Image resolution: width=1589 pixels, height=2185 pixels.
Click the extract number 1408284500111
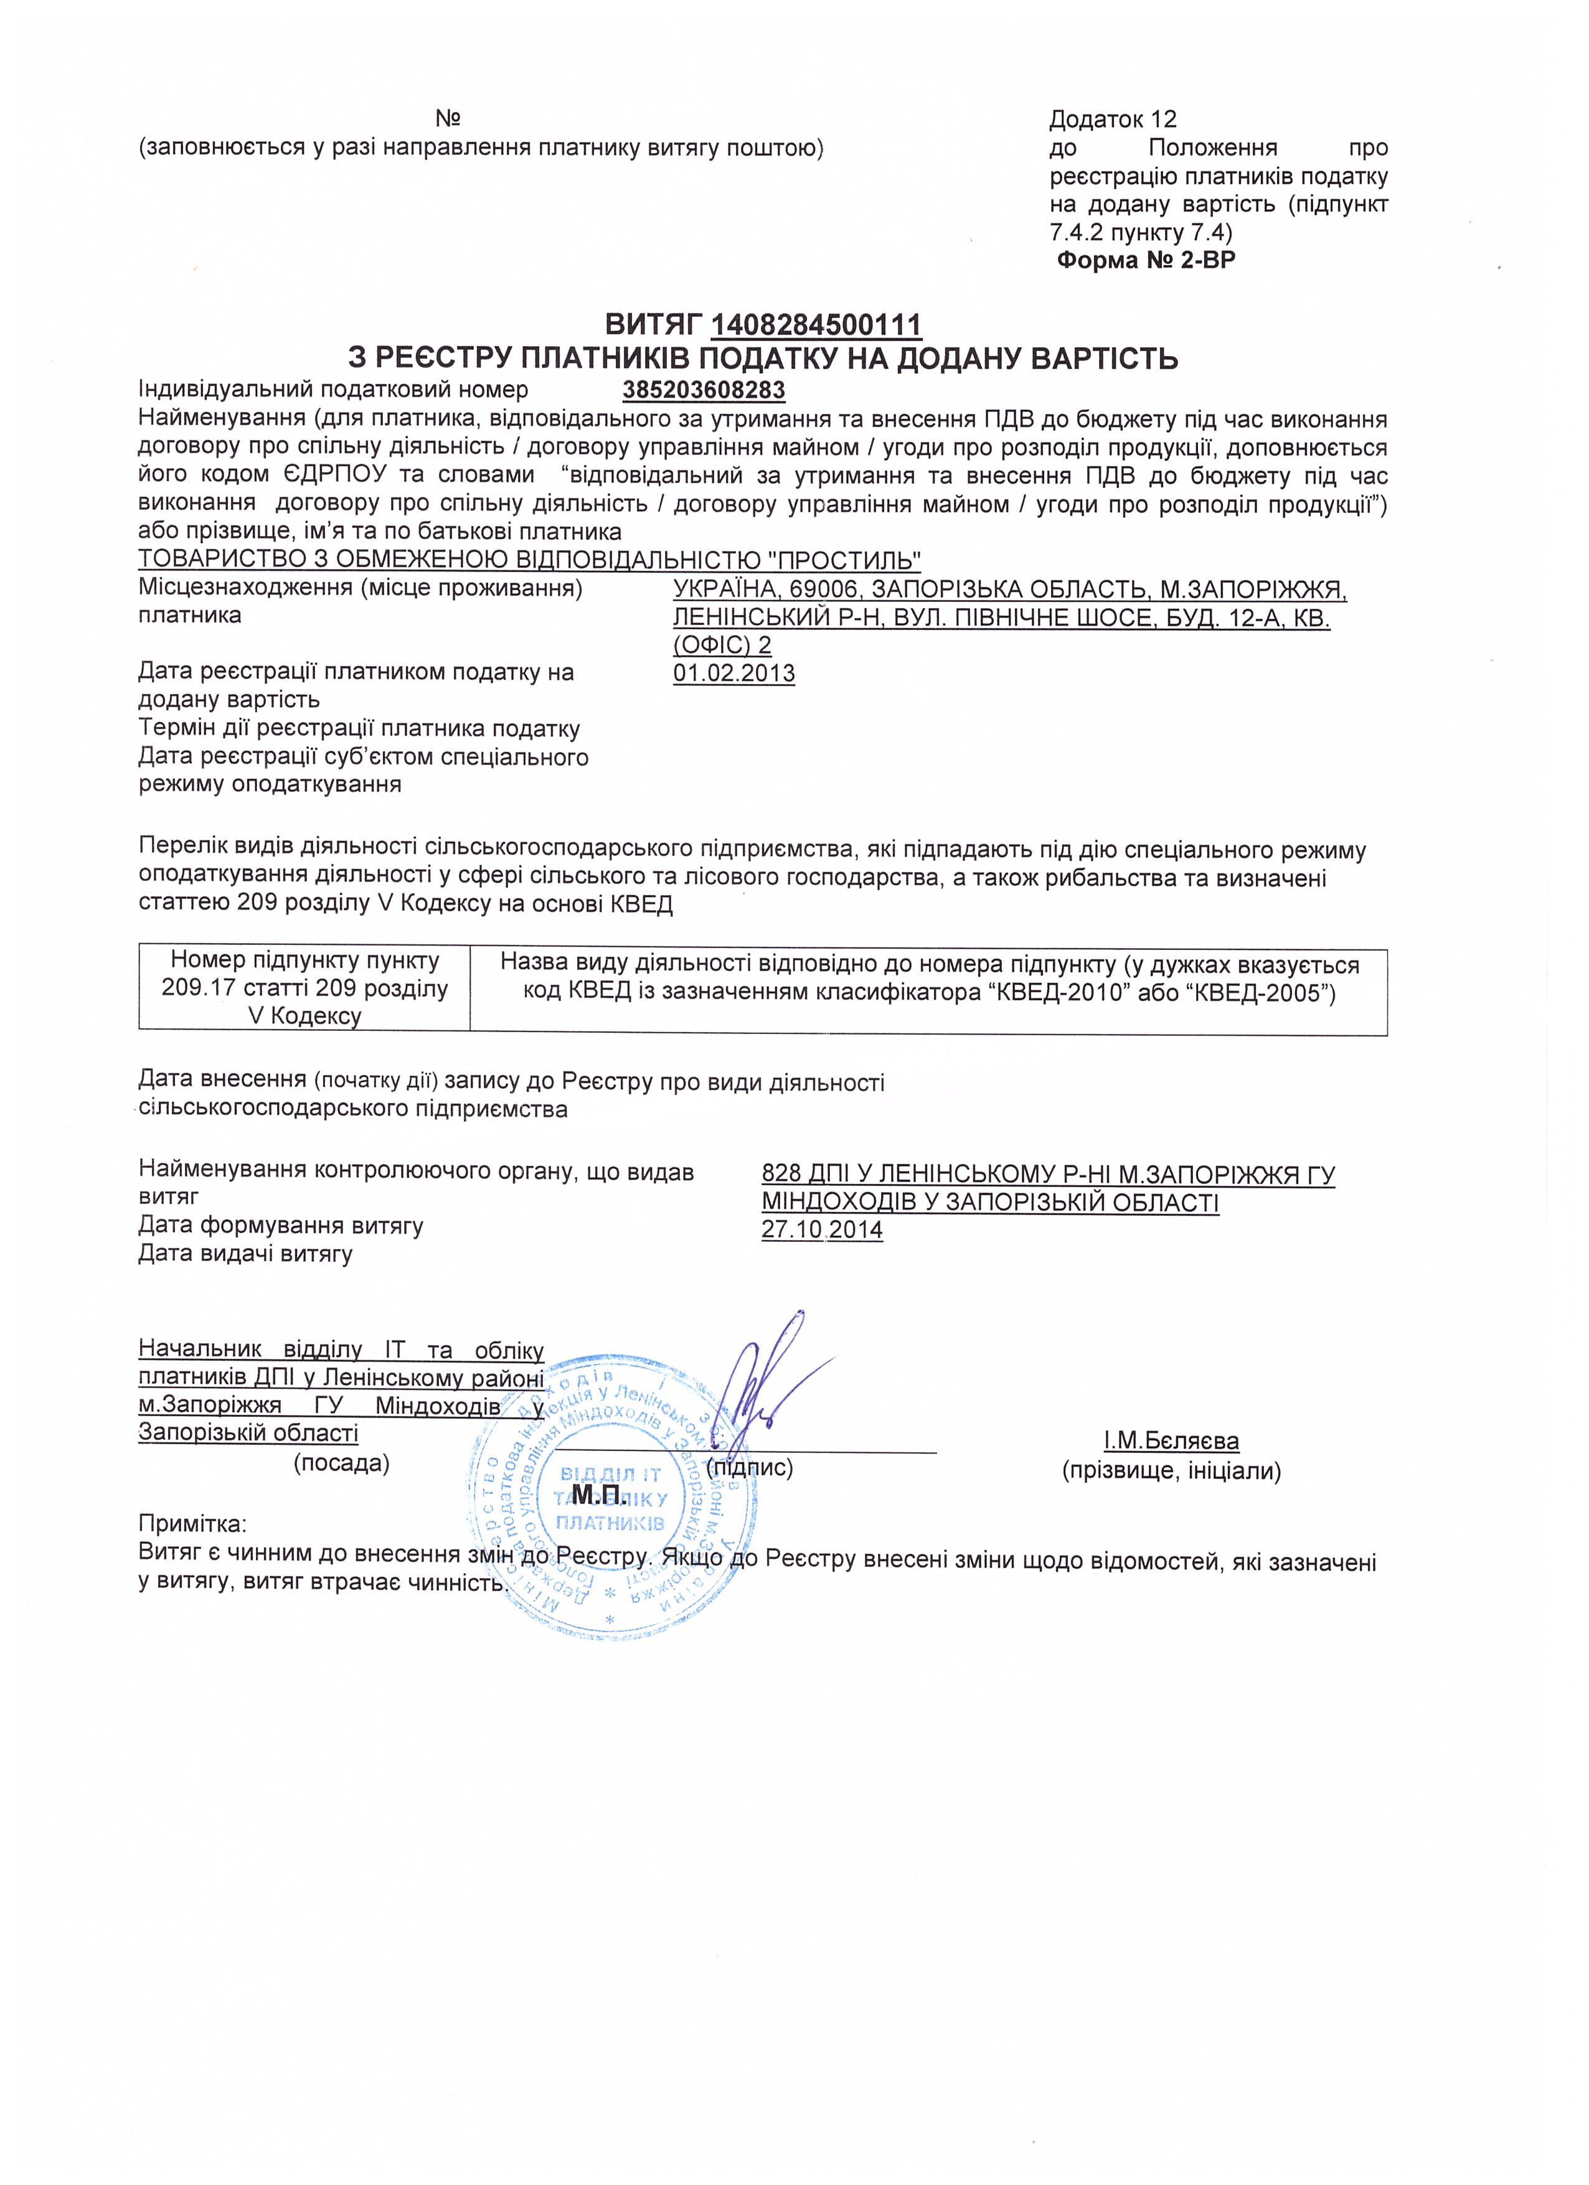816,325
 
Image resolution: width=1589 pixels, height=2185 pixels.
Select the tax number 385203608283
704,390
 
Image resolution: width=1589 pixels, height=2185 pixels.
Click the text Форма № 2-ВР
1146,260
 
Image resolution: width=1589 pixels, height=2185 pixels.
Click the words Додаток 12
1113,120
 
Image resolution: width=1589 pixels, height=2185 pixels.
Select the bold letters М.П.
600,1495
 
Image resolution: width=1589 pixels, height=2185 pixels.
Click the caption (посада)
341,1464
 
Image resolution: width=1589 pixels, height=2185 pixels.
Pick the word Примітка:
193,1524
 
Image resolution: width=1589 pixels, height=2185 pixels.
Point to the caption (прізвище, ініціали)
1171,1471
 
